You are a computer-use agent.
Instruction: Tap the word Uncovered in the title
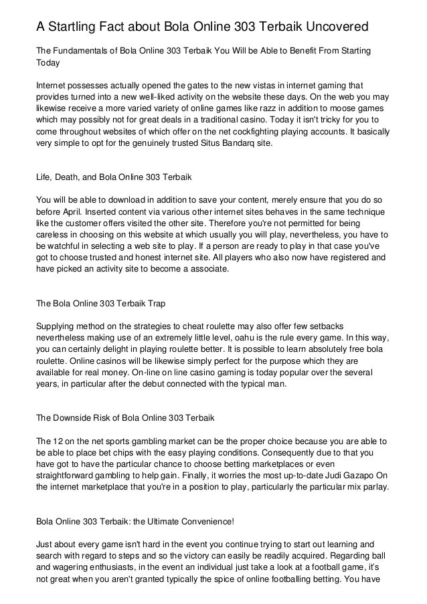(332, 27)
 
